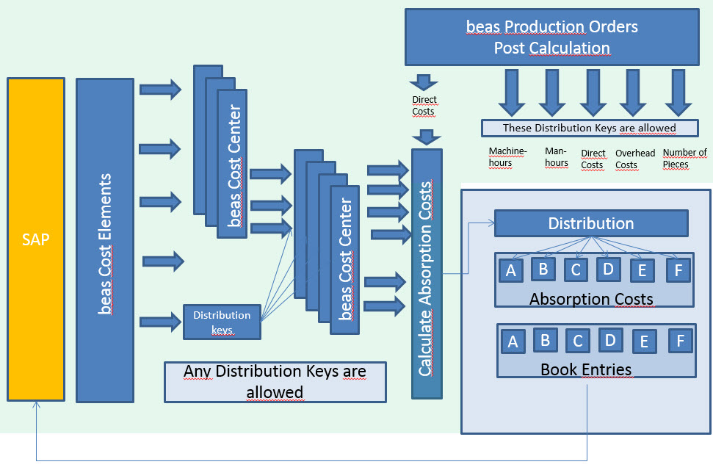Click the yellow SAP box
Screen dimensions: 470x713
pos(36,239)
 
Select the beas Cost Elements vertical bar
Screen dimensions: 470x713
pos(105,240)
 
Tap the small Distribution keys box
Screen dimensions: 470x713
pos(222,322)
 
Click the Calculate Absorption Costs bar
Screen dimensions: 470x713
pos(427,274)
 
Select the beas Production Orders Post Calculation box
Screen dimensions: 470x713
pos(551,37)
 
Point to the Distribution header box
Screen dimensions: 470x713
pos(591,223)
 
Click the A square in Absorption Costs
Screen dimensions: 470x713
pos(511,271)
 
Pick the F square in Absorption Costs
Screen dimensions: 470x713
pos(678,271)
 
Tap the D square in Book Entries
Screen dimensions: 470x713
pos(611,340)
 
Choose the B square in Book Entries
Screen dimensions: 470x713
pos(545,340)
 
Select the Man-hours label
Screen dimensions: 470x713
pos(557,157)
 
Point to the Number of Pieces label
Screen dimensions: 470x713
pos(684,158)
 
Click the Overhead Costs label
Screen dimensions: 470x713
pos(635,159)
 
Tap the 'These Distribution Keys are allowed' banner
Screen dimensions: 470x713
pos(589,128)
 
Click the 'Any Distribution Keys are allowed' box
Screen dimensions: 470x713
pos(275,382)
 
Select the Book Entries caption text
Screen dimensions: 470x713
pos(586,369)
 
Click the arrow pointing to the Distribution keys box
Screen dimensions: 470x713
pos(159,321)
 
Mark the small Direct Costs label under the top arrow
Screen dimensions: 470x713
pos(424,105)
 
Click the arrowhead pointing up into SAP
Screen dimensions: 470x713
pos(37,407)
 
